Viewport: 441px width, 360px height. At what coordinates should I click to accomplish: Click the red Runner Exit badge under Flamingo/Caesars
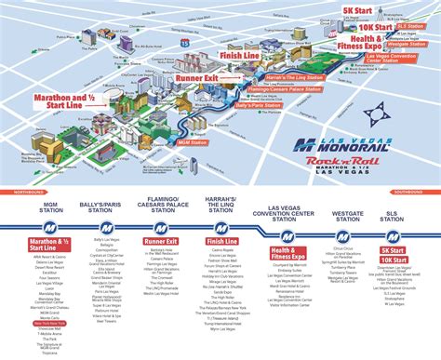point(160,242)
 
